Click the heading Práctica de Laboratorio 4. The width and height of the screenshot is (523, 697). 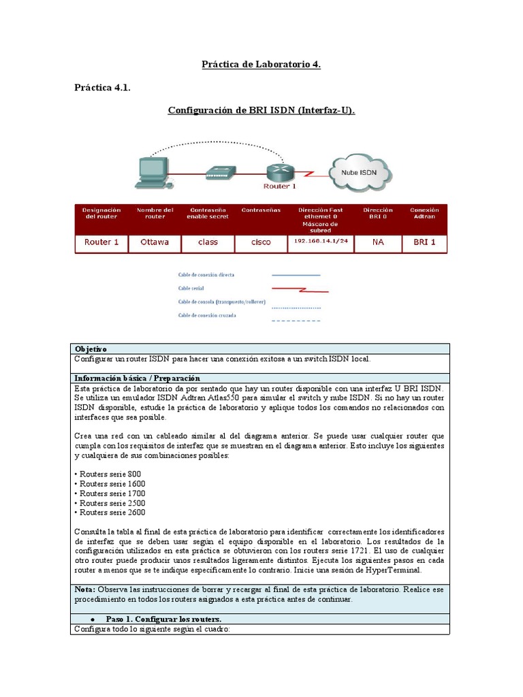[x=261, y=65]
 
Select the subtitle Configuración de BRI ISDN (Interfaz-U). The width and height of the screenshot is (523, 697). [x=261, y=110]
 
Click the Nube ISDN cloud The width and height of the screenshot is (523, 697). [x=358, y=172]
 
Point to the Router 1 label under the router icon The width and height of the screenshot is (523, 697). [x=280, y=186]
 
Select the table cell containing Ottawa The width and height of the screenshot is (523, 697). [x=155, y=242]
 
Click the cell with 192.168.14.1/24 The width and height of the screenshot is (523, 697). [x=321, y=242]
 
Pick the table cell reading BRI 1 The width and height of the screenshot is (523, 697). [x=424, y=242]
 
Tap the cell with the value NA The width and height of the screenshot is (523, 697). [x=378, y=242]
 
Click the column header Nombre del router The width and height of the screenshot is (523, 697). [x=155, y=213]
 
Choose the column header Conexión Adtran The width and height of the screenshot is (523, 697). [x=424, y=213]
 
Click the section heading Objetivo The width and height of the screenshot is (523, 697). [x=91, y=348]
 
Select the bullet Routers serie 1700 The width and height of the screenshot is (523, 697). [x=110, y=493]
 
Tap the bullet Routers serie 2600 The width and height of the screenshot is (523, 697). [x=110, y=513]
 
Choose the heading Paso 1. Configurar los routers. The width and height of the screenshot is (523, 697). [x=163, y=619]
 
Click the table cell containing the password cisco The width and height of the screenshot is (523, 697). [x=260, y=242]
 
